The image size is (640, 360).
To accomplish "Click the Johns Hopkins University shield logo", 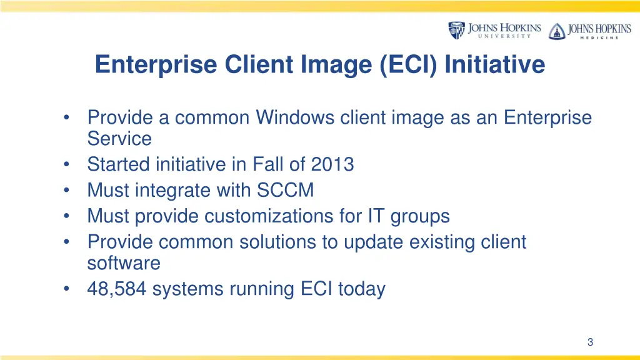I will tap(456, 30).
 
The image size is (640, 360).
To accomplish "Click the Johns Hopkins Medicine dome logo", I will tap(556, 31).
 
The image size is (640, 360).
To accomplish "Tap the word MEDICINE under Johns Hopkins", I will tap(593, 37).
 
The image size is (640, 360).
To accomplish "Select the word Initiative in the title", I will tap(495, 64).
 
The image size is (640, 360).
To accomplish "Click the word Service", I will tap(119, 138).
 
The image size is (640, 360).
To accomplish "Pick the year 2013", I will tap(332, 164).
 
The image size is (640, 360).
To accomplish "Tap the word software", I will tap(124, 263).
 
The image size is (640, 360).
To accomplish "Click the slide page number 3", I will tap(590, 341).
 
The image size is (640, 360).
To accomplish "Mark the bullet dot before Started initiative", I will tap(67, 165).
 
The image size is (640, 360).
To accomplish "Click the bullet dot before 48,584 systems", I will tap(67, 289).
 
